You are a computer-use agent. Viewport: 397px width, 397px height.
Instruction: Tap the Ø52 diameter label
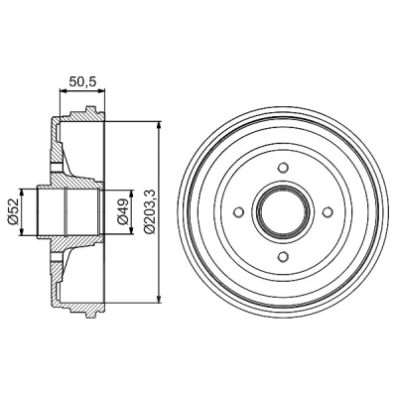pos(13,212)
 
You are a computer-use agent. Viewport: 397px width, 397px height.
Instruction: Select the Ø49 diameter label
pos(122,212)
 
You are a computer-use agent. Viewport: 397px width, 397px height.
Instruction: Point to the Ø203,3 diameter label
pos(150,212)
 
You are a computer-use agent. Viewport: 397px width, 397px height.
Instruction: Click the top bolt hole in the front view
pos(283,168)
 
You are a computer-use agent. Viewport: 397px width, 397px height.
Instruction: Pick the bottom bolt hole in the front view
pos(283,256)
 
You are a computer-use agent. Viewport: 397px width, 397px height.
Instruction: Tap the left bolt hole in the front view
pos(238,211)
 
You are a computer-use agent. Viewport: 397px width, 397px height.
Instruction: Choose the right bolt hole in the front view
pos(328,211)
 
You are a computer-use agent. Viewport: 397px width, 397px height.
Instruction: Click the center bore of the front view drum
pos(283,211)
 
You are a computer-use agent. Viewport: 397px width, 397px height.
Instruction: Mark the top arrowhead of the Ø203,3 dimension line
pos(160,126)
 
